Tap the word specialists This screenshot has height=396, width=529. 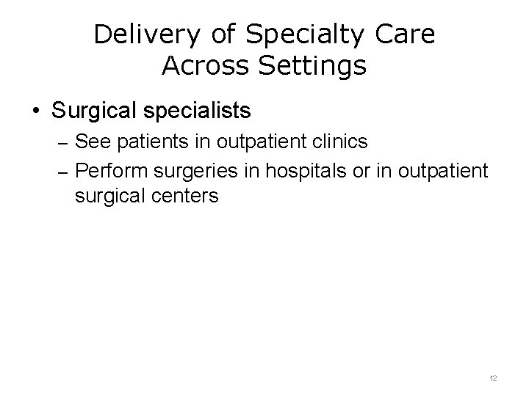coord(197,111)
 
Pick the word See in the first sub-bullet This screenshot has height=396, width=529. coord(90,139)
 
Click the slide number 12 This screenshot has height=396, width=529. coord(493,378)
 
